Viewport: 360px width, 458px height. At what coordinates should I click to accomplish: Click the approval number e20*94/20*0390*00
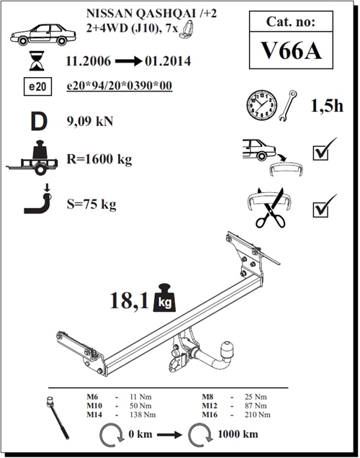[x=129, y=86]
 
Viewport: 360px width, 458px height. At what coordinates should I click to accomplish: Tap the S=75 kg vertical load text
[x=89, y=204]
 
